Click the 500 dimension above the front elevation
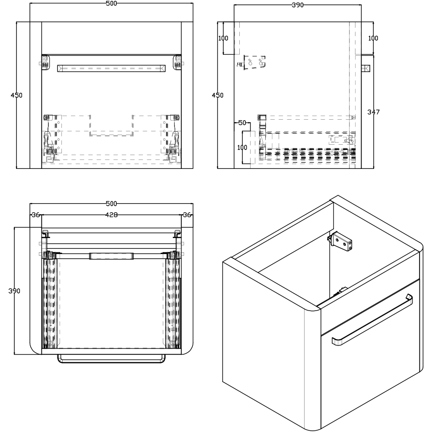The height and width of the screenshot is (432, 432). tap(111, 3)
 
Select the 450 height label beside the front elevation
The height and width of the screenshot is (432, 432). tap(16, 95)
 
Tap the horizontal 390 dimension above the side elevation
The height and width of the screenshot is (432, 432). tap(298, 5)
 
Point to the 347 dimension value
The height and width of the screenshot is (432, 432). tap(373, 112)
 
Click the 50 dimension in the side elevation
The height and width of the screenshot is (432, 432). tap(242, 123)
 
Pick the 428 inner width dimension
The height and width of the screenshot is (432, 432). tap(111, 215)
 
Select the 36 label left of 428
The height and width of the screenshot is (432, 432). tap(36, 215)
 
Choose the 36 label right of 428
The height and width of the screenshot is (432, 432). tap(187, 215)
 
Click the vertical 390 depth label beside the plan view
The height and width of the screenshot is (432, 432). tap(14, 291)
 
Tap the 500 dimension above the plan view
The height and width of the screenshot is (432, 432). tap(111, 203)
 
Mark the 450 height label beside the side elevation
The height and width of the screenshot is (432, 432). tap(218, 95)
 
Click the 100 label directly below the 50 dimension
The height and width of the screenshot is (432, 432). tap(242, 147)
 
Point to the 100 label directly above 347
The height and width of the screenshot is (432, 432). tap(373, 38)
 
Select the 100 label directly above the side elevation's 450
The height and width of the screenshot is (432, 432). tap(223, 38)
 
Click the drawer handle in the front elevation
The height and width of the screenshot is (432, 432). tap(111, 68)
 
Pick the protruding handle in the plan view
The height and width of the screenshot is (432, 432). tap(111, 359)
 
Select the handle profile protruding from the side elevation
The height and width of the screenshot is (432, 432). tap(365, 68)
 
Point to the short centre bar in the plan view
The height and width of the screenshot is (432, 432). tap(111, 256)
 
